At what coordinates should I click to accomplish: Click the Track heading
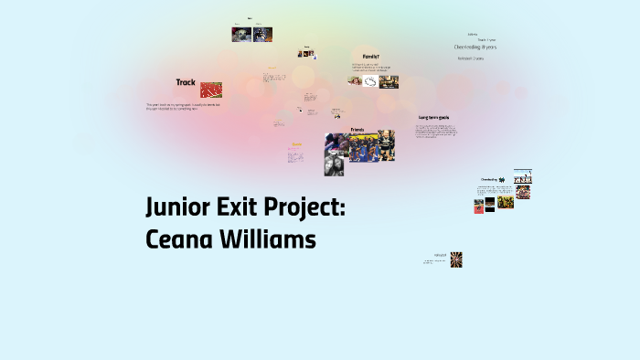[186, 82]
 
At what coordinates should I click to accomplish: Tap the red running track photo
[211, 90]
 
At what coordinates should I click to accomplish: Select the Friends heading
[357, 130]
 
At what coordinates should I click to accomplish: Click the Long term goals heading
[437, 118]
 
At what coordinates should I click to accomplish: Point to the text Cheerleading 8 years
[475, 47]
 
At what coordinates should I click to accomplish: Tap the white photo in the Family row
[370, 81]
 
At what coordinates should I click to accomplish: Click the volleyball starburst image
[456, 259]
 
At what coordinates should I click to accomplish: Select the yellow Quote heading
[296, 144]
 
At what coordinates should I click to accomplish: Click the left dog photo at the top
[240, 35]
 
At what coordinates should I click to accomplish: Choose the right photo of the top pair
[262, 35]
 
